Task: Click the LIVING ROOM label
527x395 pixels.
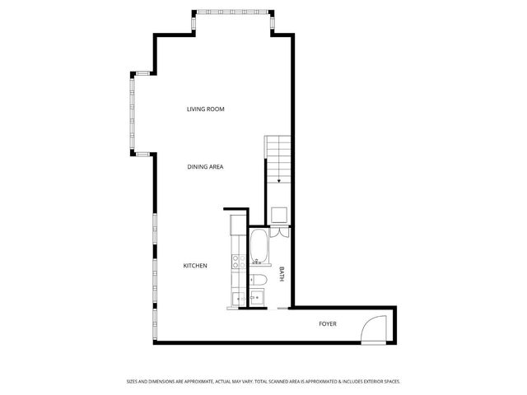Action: click(205, 109)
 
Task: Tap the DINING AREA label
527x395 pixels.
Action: click(205, 167)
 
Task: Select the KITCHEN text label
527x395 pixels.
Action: click(195, 266)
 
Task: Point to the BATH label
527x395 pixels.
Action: click(282, 274)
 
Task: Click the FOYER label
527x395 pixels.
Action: click(328, 323)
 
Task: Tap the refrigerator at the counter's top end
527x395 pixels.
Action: click(237, 223)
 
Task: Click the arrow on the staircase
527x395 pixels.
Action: click(280, 180)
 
